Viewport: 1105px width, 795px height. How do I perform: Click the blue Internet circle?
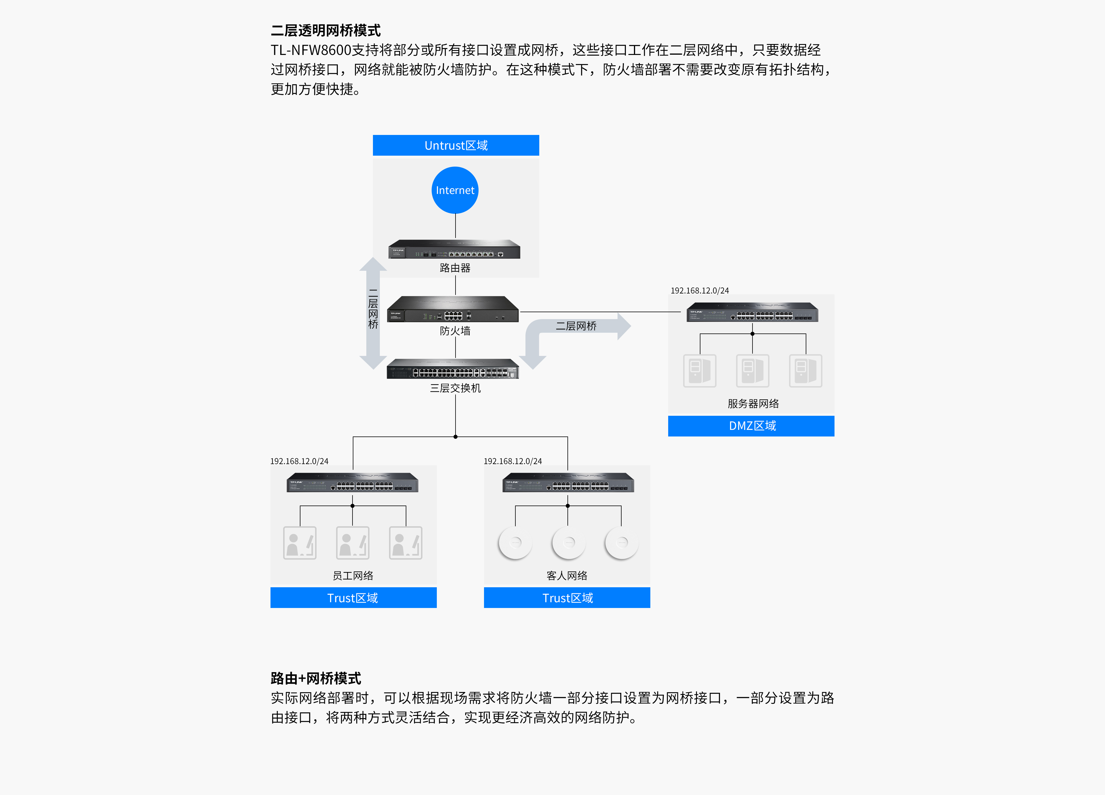(455, 190)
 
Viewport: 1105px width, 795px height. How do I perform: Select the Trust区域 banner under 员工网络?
(353, 598)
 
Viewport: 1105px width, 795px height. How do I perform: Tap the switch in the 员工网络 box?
(352, 483)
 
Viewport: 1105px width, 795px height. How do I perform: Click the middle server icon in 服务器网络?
(752, 371)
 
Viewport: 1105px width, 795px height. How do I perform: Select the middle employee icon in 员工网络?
(352, 543)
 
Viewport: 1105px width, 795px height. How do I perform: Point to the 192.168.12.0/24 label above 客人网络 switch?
(513, 461)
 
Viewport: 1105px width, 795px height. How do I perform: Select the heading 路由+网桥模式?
(316, 678)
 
